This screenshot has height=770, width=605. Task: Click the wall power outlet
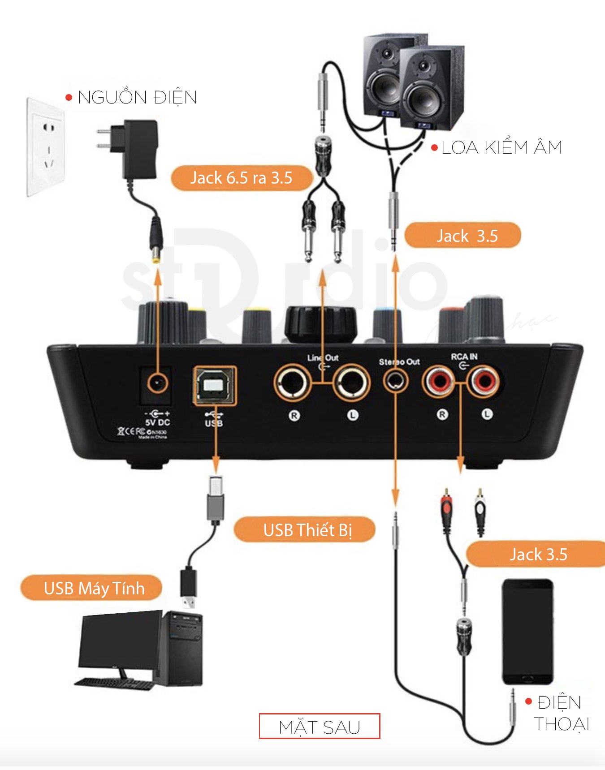point(46,147)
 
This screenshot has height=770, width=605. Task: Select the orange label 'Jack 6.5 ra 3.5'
point(241,178)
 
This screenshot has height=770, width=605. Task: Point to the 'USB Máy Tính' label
point(94,588)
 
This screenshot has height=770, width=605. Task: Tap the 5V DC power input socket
point(157,383)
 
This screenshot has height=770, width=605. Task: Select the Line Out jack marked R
point(293,383)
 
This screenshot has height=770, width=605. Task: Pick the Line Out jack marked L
point(352,383)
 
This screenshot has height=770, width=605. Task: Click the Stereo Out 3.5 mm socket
point(396,382)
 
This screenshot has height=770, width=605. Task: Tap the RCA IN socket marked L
point(484,381)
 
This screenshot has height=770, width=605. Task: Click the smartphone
point(527,632)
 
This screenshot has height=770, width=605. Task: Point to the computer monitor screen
point(120,641)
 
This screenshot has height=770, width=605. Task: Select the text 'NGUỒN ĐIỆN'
point(137,98)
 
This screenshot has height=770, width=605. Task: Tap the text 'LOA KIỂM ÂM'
point(501,148)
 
